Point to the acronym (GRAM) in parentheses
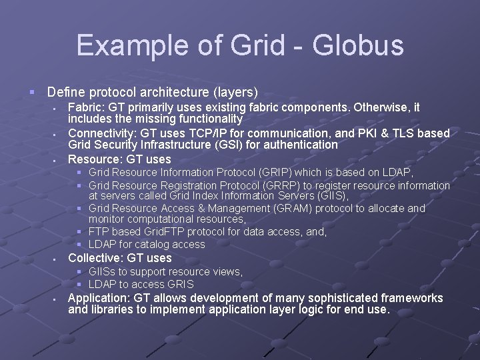(291, 208)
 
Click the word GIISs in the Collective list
(104, 271)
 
